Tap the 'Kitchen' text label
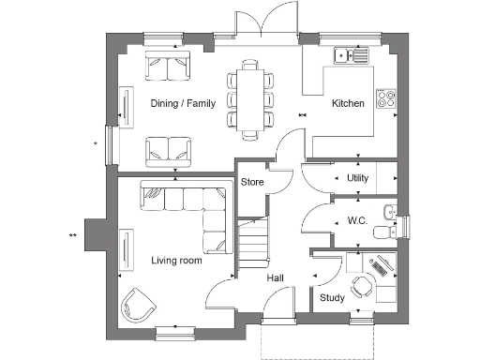(348, 104)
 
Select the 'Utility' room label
(356, 177)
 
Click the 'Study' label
(332, 298)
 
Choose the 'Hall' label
(275, 278)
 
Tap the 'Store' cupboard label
(251, 182)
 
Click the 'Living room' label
(176, 260)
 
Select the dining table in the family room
(250, 98)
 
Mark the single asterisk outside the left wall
(96, 142)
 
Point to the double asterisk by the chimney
(71, 234)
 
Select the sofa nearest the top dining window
(168, 67)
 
